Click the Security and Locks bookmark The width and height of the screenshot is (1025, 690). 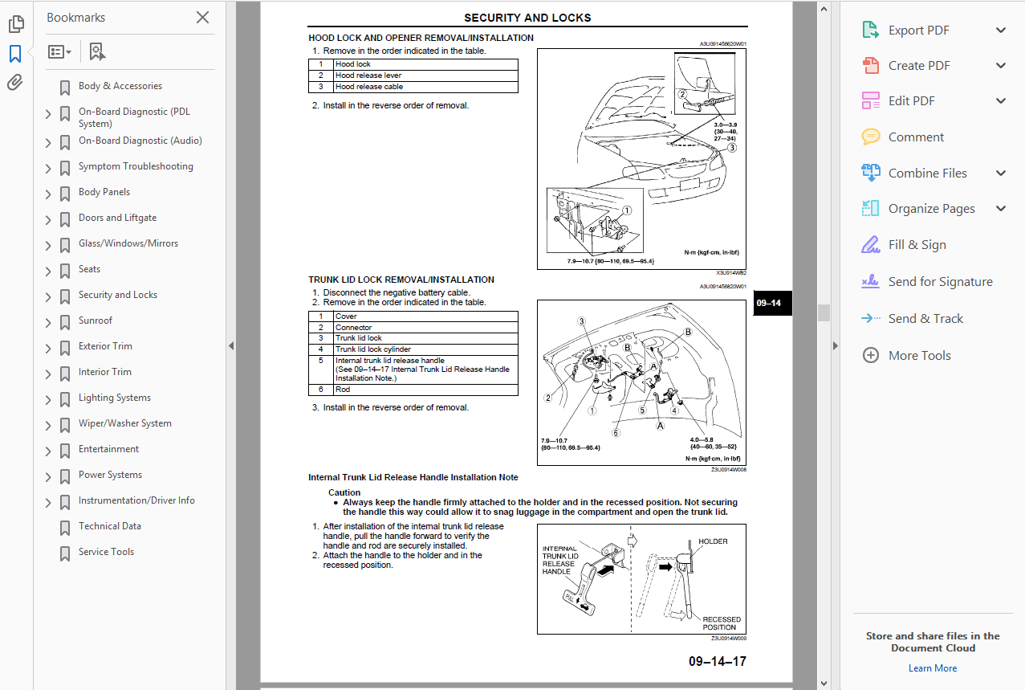coord(117,295)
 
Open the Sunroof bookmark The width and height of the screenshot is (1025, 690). coord(96,321)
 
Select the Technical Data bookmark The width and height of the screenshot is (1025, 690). coord(109,526)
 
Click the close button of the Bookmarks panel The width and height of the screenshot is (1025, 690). coord(202,18)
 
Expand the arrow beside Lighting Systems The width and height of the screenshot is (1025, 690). coord(48,399)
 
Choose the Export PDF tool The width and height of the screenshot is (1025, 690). coord(918,31)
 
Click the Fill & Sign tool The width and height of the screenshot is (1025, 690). coord(917,245)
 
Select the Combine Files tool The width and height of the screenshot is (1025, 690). coord(927,173)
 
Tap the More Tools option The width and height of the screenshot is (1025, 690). coord(919,355)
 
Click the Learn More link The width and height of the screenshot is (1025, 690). coord(932,668)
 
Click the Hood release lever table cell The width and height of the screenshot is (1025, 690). coord(368,76)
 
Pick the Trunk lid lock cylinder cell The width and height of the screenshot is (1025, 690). coord(372,349)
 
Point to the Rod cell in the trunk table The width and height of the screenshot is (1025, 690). coord(343,390)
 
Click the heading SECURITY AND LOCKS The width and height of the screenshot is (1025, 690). coord(527,18)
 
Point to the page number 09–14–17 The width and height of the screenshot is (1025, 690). coord(717,662)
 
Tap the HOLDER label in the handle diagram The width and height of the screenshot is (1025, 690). coord(713,541)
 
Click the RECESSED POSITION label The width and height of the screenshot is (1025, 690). coord(721,623)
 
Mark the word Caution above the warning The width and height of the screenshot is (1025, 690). coord(344,492)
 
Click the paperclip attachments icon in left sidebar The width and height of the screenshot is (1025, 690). coord(15,83)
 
